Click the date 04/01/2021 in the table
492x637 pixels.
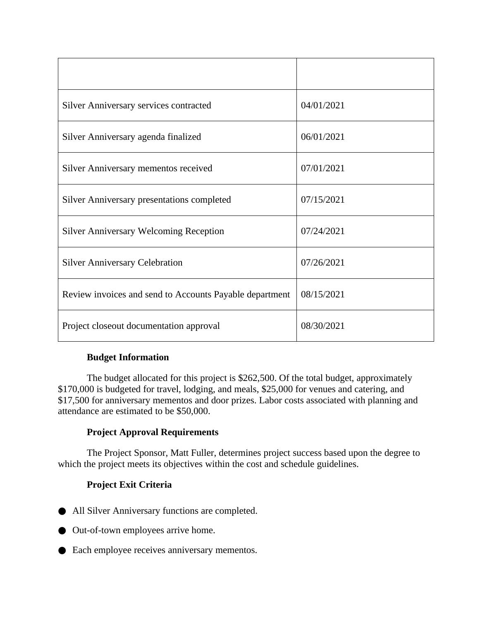click(x=322, y=105)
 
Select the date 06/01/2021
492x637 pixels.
click(x=322, y=137)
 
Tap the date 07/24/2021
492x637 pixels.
click(x=322, y=231)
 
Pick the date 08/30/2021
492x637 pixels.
click(x=322, y=326)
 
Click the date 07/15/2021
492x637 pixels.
click(x=322, y=200)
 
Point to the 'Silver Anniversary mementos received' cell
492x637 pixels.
click(x=137, y=168)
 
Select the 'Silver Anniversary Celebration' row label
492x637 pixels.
click(x=122, y=263)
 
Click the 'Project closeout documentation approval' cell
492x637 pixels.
click(x=141, y=326)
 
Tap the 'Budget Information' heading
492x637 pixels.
click(x=128, y=357)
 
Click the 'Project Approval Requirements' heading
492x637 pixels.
click(x=153, y=432)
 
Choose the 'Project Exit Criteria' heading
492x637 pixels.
click(x=129, y=485)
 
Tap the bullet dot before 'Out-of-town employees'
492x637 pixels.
click(x=62, y=531)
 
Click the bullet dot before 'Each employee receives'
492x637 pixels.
click(x=62, y=551)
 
